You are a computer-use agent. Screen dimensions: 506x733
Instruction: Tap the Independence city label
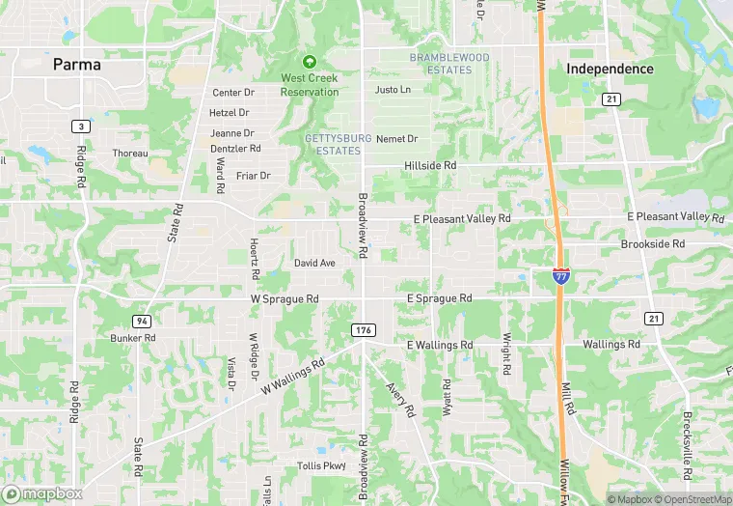point(610,69)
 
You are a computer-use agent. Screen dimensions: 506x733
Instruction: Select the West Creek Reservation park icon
point(310,63)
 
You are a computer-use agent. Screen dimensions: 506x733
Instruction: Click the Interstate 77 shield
point(561,275)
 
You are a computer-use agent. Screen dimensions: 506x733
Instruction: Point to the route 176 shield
point(363,331)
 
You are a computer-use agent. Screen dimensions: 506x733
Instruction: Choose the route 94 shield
point(141,321)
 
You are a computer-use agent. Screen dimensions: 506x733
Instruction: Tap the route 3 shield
point(81,126)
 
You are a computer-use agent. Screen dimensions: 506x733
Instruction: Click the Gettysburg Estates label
point(339,145)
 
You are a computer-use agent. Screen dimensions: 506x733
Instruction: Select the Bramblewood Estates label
point(449,64)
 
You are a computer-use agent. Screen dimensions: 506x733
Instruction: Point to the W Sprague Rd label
point(285,299)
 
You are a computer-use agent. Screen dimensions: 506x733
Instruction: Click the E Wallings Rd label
point(440,345)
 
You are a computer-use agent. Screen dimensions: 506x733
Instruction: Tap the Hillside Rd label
point(429,166)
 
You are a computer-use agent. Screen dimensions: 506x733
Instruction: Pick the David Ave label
point(314,263)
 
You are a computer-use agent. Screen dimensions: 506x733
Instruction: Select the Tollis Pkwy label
point(321,465)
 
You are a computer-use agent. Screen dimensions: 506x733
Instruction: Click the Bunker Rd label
point(132,338)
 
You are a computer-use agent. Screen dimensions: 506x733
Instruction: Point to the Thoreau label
point(130,154)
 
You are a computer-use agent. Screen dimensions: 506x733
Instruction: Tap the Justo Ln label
point(393,90)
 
